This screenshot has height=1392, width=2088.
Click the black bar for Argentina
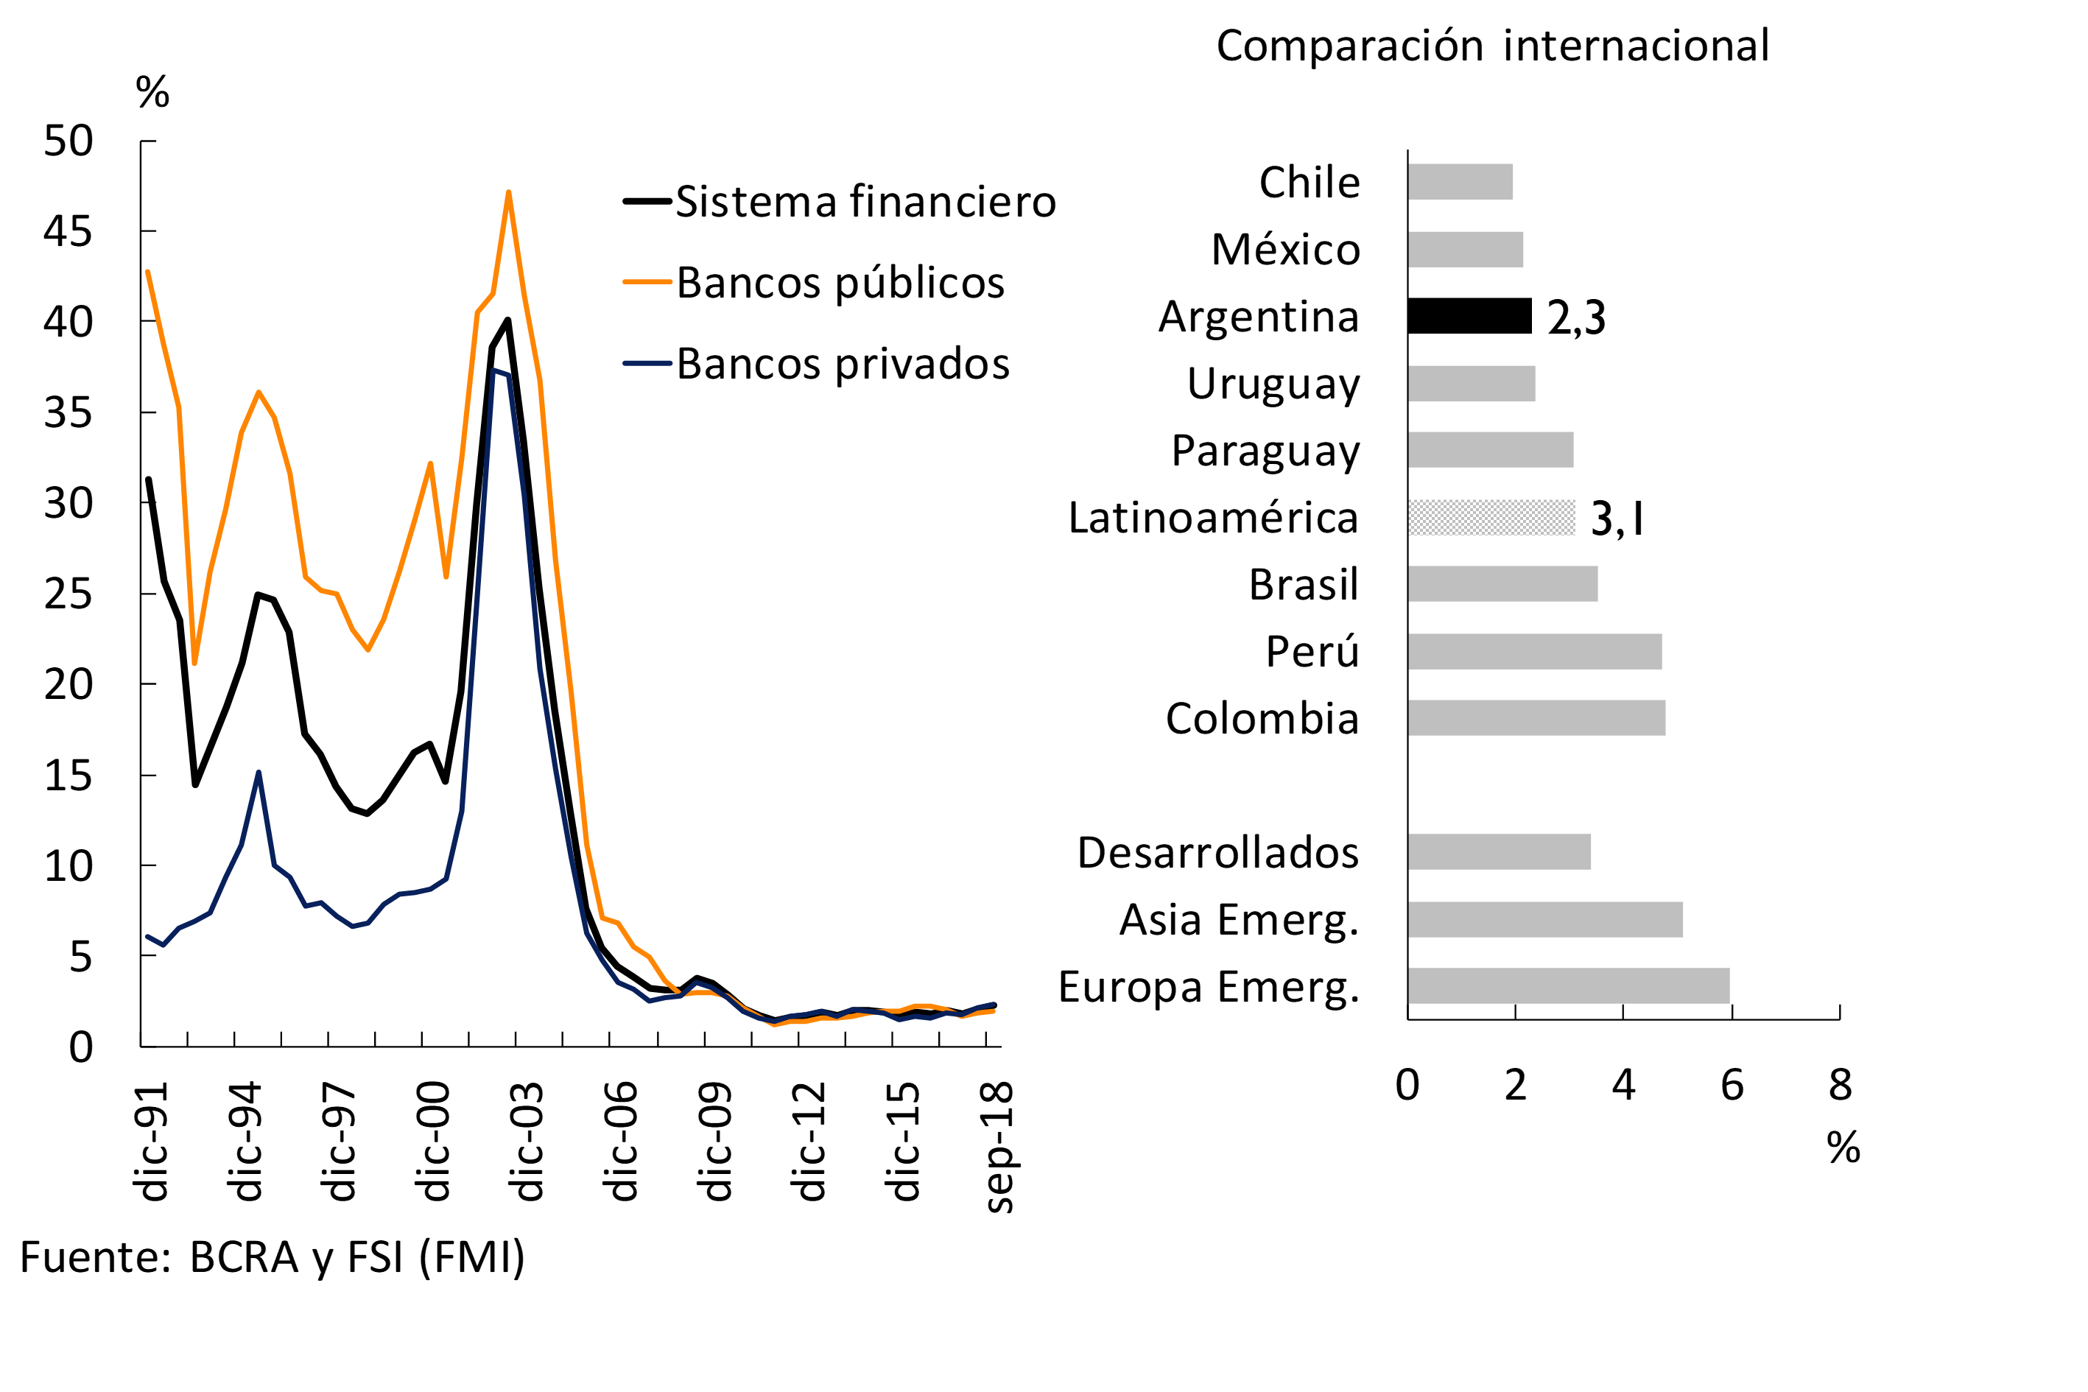coord(1469,316)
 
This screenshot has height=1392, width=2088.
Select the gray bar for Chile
coord(1460,182)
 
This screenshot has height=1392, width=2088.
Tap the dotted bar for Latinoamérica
coord(1491,518)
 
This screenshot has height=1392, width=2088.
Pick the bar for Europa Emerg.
coord(1568,985)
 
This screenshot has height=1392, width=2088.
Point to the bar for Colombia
coord(1536,717)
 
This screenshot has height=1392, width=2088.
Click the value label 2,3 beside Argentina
coord(1576,318)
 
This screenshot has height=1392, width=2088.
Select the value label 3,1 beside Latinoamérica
coord(1616,519)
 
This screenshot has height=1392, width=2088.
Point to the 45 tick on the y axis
coord(68,232)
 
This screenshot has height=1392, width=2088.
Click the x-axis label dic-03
coord(526,1142)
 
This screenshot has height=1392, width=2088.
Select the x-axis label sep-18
coord(998,1147)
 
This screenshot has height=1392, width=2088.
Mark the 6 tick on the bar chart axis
coord(1731,1085)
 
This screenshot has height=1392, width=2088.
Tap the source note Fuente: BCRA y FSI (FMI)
coord(273,1257)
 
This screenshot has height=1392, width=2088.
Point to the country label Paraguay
coord(1265,451)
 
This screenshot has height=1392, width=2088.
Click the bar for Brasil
coord(1502,584)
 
